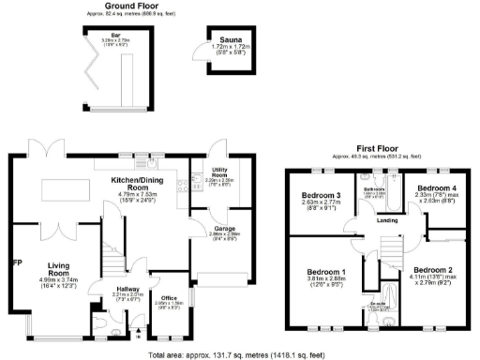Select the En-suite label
point(378,305)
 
